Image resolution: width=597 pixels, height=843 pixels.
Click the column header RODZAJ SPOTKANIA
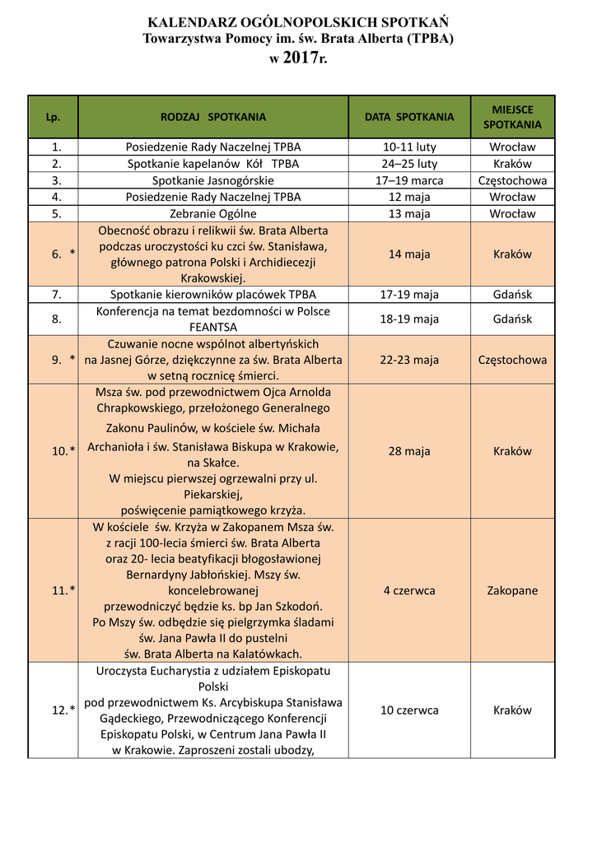[x=213, y=117]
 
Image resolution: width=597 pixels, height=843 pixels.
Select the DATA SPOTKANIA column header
[x=409, y=117]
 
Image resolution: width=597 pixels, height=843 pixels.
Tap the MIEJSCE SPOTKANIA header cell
[x=512, y=117]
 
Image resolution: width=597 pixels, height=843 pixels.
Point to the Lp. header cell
[x=54, y=117]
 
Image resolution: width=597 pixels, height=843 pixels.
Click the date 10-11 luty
[x=409, y=147]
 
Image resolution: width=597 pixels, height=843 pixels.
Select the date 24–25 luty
[x=409, y=164]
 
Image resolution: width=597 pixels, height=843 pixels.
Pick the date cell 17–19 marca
[x=409, y=180]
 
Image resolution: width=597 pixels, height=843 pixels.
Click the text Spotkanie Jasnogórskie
[x=213, y=180]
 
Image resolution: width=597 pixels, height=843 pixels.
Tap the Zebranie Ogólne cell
[x=213, y=214]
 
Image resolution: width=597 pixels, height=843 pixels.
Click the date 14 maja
[x=409, y=254]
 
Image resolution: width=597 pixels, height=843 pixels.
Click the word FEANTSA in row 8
[x=213, y=327]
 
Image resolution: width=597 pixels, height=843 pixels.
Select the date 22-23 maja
[x=409, y=360]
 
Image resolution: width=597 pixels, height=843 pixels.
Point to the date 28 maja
[x=409, y=451]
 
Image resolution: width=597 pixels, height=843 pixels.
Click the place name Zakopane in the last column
[x=512, y=590]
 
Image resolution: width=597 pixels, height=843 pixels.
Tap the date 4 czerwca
[x=409, y=590]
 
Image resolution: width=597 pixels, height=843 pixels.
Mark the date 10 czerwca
[x=409, y=710]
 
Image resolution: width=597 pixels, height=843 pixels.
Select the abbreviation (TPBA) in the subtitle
[x=422, y=38]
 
